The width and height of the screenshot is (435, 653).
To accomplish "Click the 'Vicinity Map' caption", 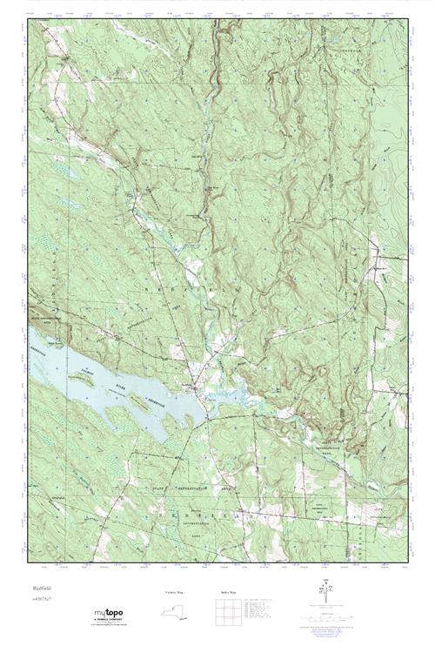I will [176, 592].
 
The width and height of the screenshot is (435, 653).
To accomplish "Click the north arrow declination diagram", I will [326, 593].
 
